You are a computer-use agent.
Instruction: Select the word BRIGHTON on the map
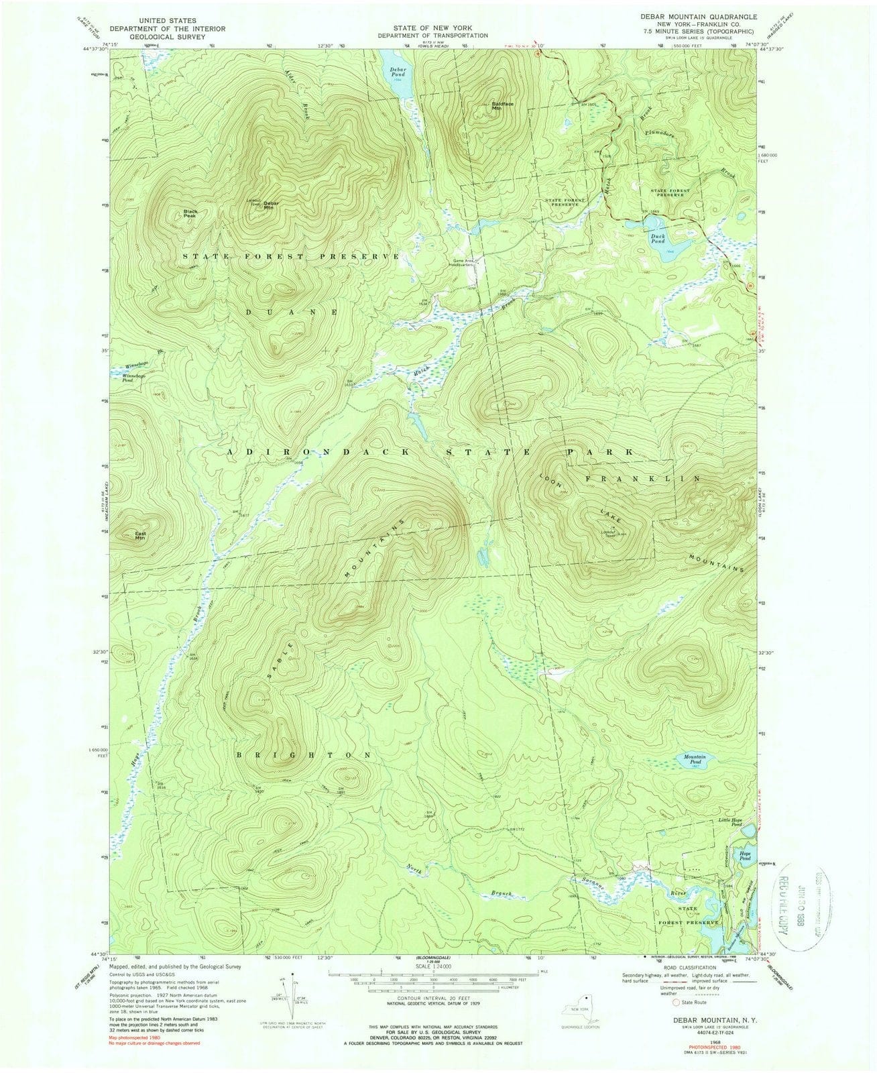(x=304, y=755)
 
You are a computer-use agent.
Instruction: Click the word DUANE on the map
(x=290, y=312)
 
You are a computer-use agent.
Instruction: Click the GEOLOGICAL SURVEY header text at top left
(x=159, y=38)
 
